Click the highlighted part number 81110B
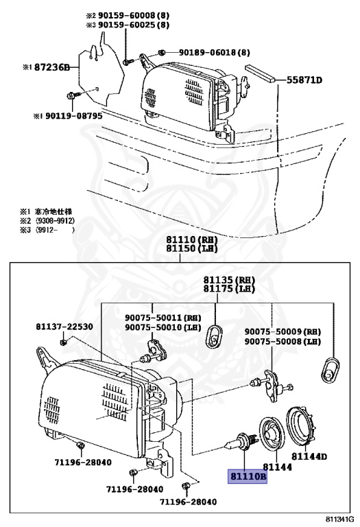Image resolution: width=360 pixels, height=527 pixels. coord(247,475)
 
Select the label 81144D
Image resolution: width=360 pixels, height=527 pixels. coord(309,456)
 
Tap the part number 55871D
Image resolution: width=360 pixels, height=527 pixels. coord(304,80)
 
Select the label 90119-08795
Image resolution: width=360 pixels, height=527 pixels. coord(68,116)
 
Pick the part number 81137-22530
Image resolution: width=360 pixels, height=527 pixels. coord(64,327)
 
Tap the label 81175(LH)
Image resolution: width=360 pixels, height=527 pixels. coord(228,290)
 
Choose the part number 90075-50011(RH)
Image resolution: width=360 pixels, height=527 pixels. coord(163,317)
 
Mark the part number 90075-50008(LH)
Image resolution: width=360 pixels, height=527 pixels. coord(283,341)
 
